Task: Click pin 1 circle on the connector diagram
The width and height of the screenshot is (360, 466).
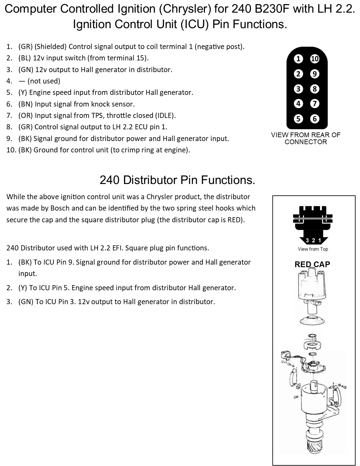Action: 298,59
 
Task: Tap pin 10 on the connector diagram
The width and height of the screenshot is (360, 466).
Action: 315,59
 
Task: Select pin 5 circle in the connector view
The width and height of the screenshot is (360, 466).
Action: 298,119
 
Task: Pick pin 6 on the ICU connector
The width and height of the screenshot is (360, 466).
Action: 315,119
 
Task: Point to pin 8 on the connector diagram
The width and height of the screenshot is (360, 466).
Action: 315,89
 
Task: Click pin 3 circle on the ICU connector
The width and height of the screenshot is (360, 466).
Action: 298,89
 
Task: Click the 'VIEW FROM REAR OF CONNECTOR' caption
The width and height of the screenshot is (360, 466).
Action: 306,138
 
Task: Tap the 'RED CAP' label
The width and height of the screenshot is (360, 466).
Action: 312,264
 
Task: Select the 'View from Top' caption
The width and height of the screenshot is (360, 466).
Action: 313,249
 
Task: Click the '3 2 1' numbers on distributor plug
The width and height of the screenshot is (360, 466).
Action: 313,241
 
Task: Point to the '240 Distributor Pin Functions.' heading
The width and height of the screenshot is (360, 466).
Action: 177,180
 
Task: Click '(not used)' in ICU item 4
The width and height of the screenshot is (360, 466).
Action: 44,81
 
